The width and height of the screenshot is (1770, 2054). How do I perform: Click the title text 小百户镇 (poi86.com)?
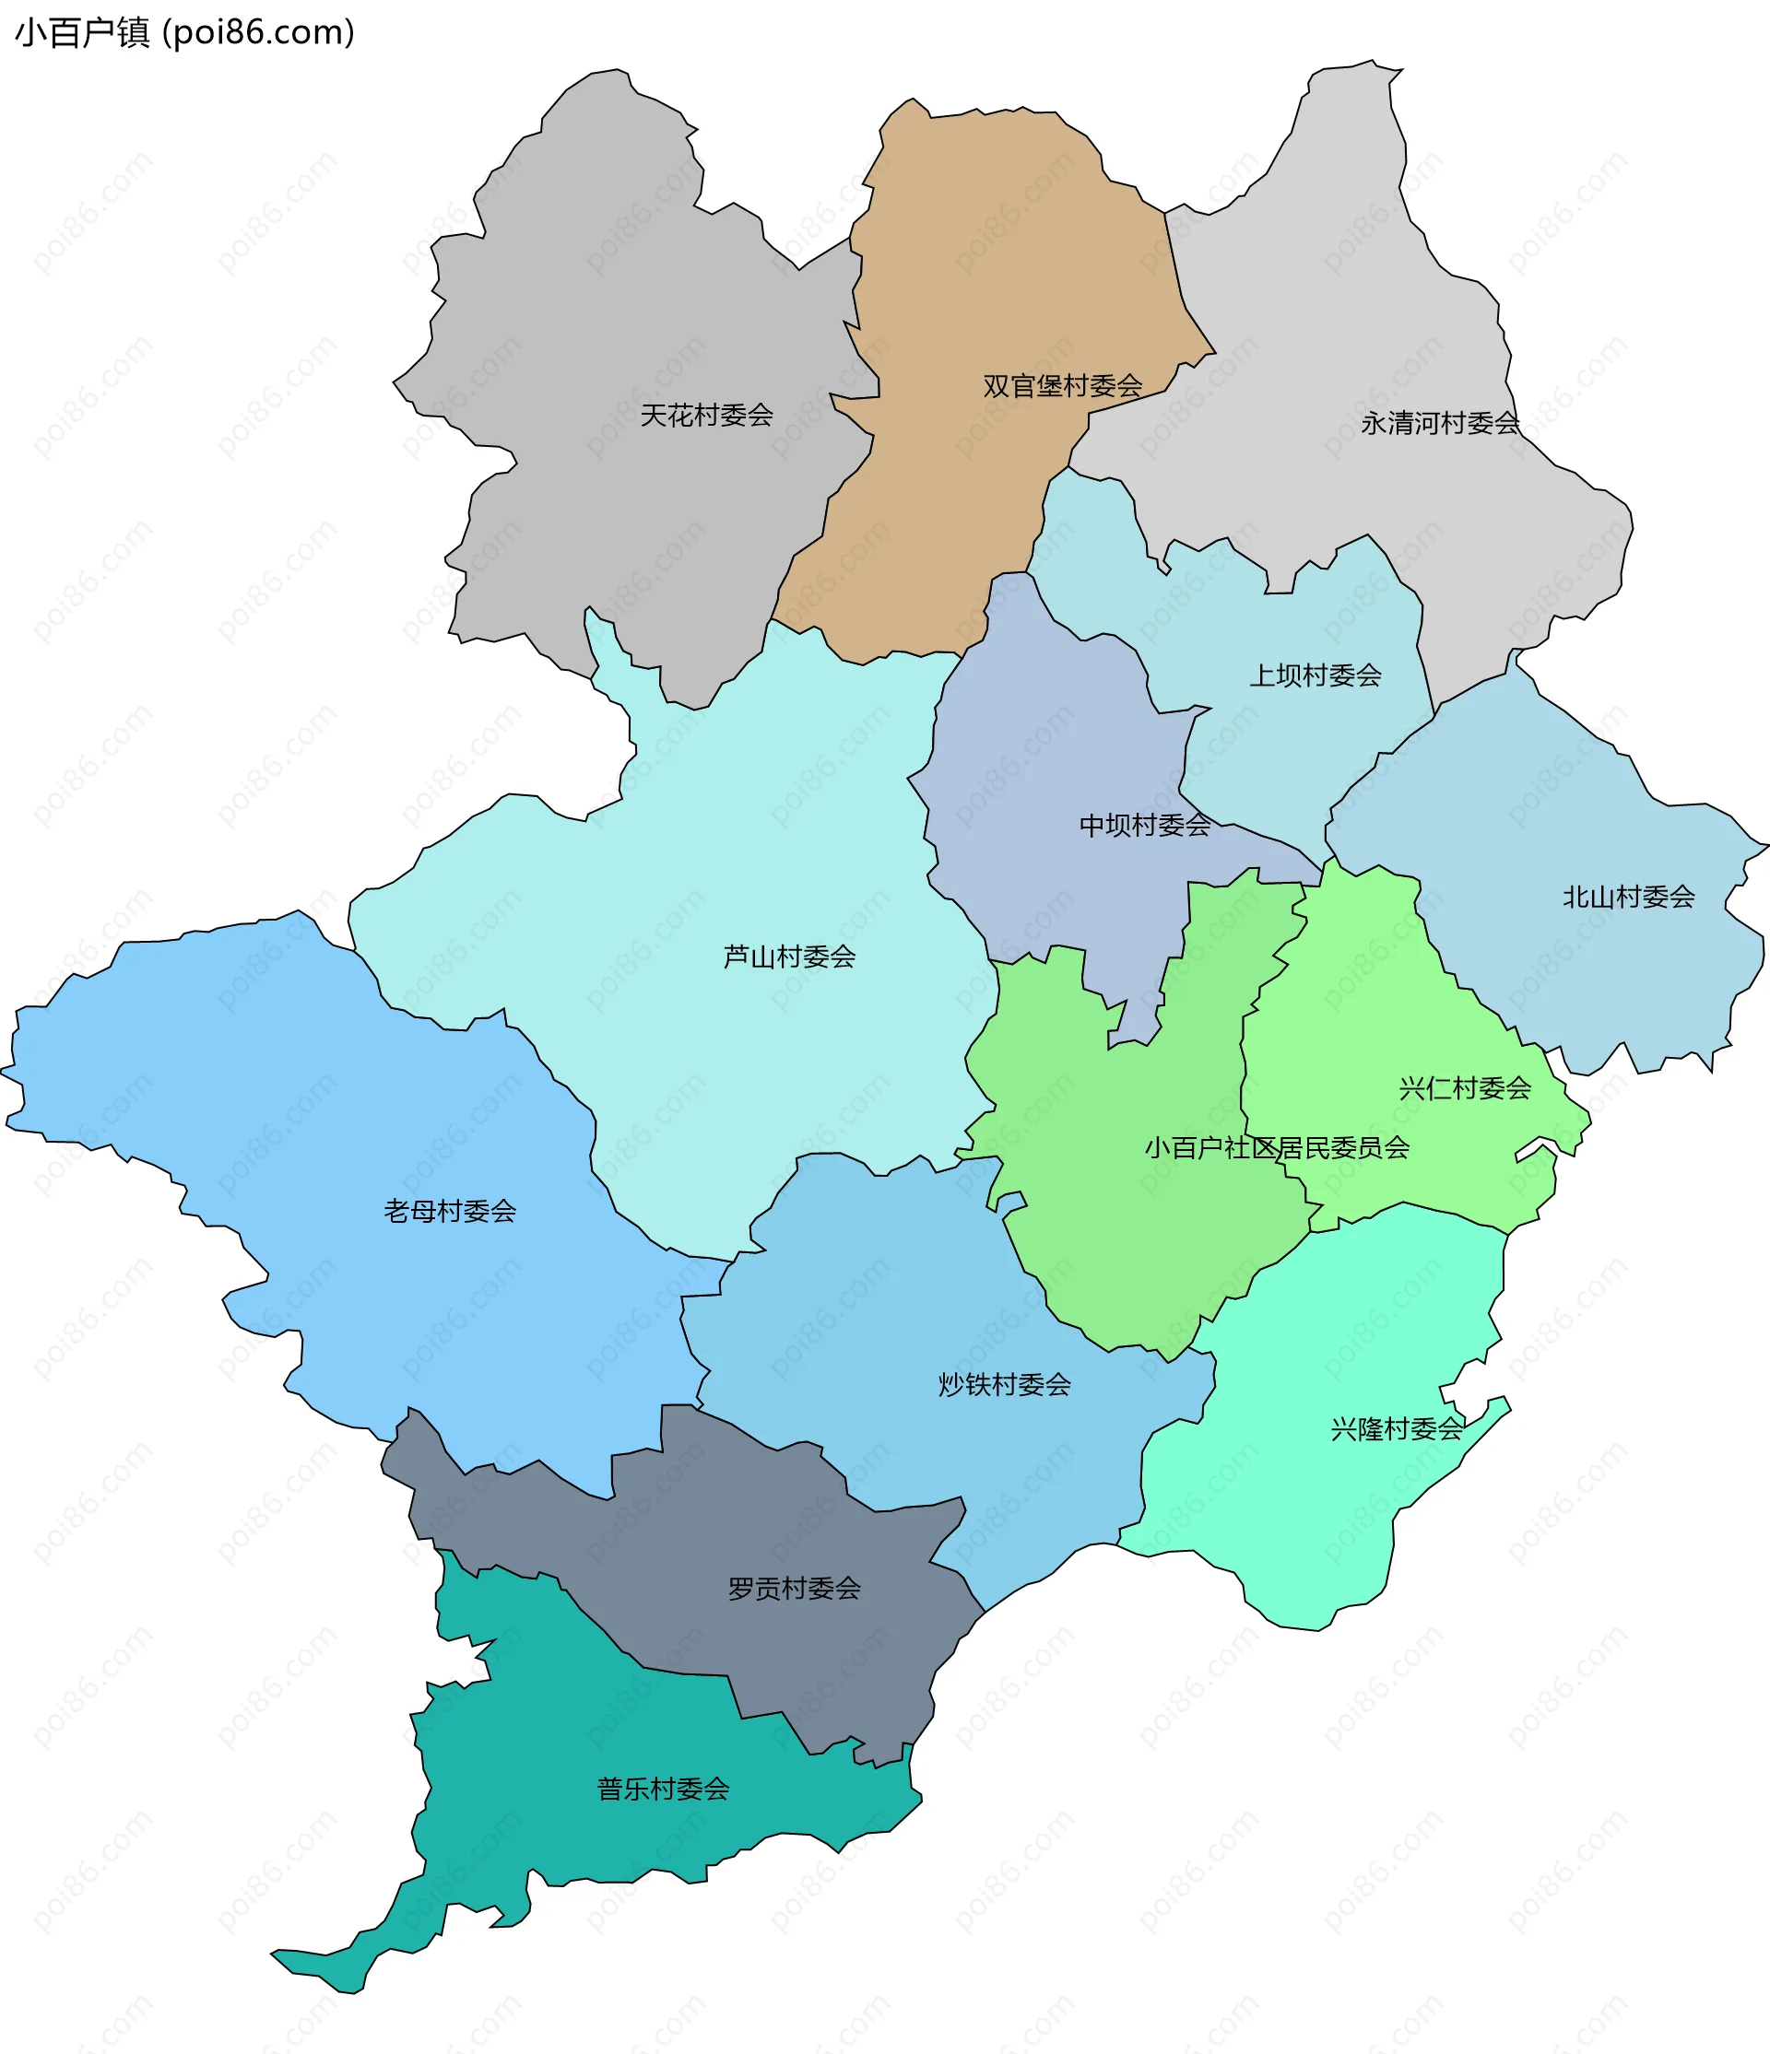(184, 33)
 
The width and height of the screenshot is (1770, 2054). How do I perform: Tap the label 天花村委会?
(706, 416)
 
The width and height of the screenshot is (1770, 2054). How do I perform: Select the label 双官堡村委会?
(1062, 385)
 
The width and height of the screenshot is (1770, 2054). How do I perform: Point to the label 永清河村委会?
(1439, 423)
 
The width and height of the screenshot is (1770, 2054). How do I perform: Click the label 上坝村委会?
(1315, 675)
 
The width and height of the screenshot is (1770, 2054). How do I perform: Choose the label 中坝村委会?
(1144, 825)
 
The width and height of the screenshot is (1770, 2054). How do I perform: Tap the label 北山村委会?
(1628, 898)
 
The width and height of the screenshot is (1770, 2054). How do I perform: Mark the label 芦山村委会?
(789, 957)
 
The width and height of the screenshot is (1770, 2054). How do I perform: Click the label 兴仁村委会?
(1465, 1088)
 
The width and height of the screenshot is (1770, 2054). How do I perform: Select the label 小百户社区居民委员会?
(1276, 1148)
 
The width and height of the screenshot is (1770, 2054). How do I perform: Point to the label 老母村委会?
(450, 1211)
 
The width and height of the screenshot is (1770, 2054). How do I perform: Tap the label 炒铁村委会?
(1005, 1384)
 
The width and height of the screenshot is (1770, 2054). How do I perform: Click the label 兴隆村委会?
(1396, 1428)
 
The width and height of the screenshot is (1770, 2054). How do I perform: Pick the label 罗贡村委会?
(795, 1588)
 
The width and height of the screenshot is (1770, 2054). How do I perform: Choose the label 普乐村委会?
(663, 1789)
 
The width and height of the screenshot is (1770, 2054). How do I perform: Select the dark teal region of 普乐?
(555, 1725)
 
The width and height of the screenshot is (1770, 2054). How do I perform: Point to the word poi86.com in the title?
(258, 33)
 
